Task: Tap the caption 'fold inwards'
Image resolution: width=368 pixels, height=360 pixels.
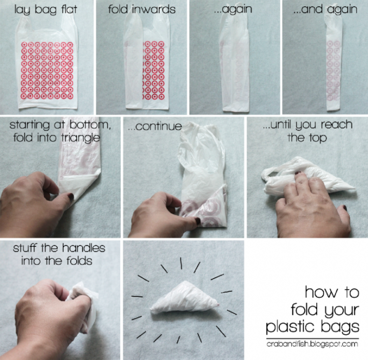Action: pos(142,9)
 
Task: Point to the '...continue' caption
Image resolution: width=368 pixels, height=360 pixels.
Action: pos(155,126)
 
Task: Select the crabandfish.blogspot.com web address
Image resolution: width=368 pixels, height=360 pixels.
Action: pos(312,343)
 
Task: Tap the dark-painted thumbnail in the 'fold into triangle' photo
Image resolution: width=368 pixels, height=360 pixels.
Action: pos(69,197)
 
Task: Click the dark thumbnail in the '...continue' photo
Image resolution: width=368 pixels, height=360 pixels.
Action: pos(197,221)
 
